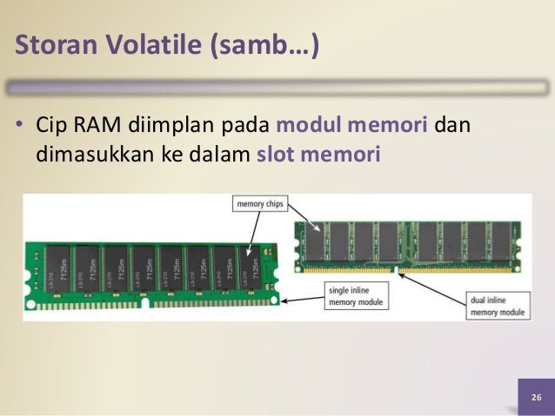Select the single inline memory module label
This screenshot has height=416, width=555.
(x=356, y=295)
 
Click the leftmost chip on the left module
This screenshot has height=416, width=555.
(x=58, y=267)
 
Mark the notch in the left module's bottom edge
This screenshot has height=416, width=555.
(x=147, y=305)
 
